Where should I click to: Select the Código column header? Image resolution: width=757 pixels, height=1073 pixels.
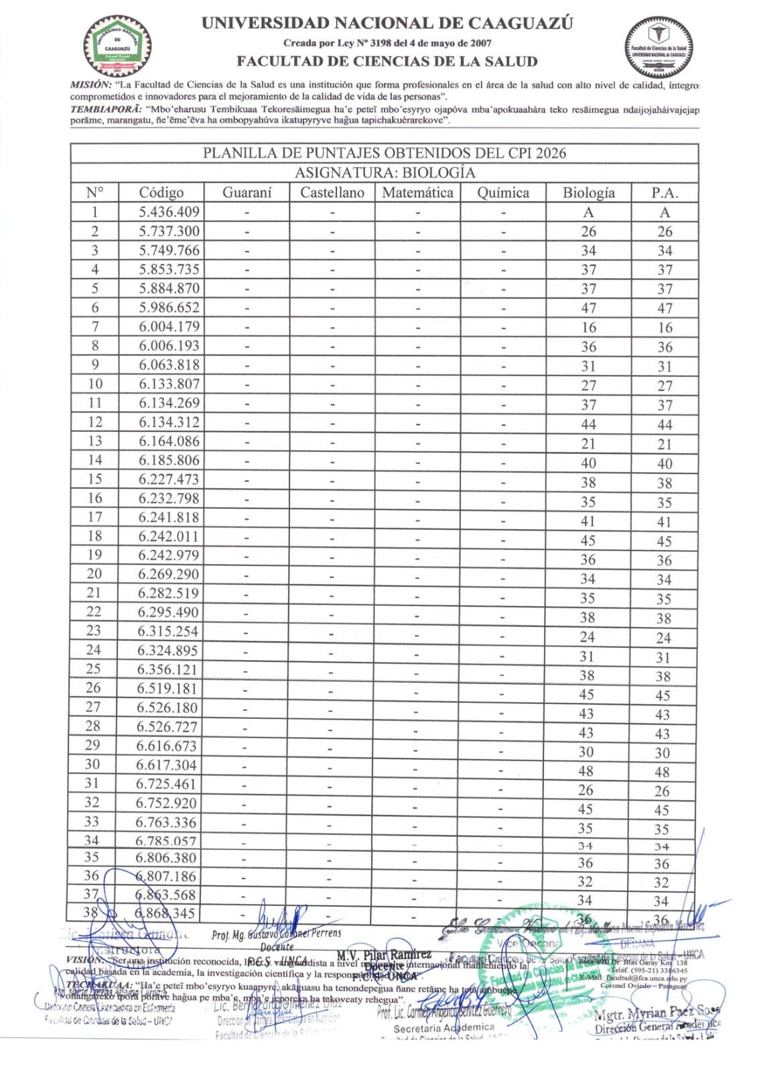(161, 193)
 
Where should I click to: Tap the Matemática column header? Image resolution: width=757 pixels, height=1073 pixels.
(417, 193)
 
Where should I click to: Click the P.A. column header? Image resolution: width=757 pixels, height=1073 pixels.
(664, 193)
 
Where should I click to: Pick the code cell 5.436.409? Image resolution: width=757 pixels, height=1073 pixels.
(169, 213)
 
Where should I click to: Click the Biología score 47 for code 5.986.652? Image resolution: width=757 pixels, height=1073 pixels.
(588, 308)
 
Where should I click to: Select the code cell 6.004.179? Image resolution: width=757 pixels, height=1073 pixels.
(169, 327)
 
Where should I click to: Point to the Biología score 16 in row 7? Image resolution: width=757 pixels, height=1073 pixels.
(588, 328)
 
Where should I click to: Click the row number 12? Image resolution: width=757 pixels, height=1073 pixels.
(95, 422)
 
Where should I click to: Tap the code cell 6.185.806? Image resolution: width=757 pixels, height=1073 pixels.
(169, 461)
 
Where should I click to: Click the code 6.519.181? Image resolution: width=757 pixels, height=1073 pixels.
(167, 689)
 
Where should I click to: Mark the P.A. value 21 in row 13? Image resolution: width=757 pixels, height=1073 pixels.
(664, 444)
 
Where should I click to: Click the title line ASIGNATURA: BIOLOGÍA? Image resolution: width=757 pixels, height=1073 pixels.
(385, 173)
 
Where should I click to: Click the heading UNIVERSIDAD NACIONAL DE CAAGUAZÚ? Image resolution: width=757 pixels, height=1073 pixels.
(387, 24)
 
